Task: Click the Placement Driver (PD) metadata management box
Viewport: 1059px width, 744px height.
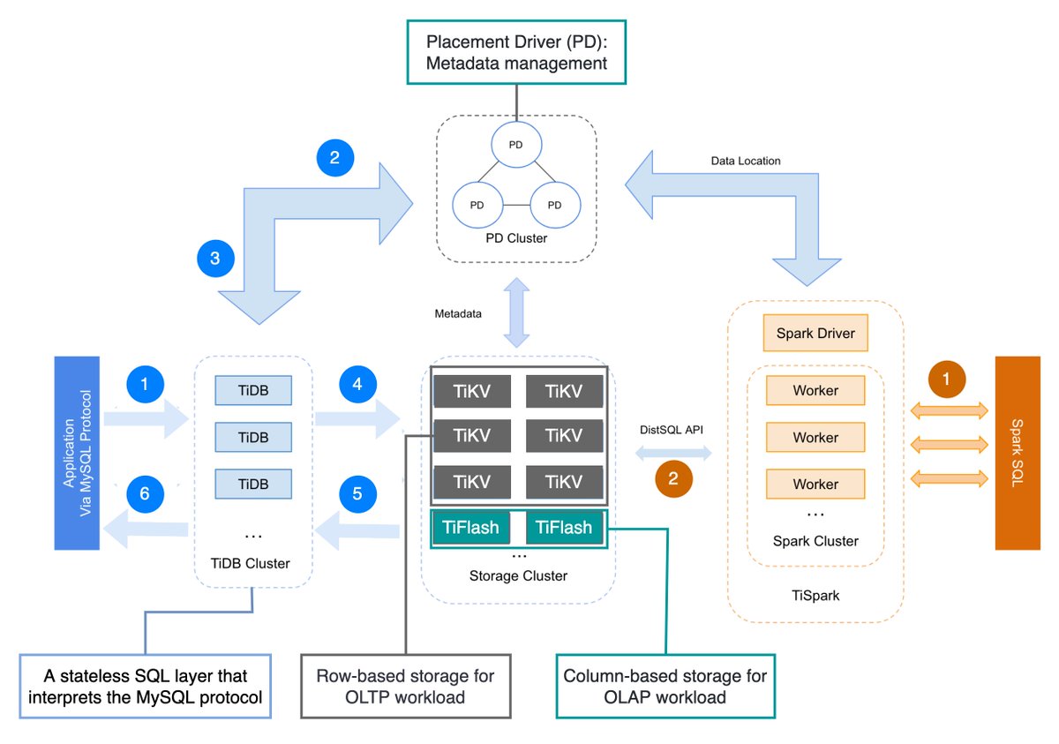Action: pos(516,53)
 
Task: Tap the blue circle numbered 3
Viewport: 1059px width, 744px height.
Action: pos(216,259)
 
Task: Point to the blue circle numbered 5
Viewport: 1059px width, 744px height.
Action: pos(357,494)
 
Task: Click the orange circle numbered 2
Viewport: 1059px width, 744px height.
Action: pos(673,479)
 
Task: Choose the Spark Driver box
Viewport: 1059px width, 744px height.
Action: pos(815,334)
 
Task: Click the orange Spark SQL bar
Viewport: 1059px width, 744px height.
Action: pos(1019,454)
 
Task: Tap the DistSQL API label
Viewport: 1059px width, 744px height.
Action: pos(673,429)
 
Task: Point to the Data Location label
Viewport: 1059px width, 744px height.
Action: pos(746,161)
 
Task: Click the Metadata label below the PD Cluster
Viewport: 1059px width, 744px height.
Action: pos(458,313)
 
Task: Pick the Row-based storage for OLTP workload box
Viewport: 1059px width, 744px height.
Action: pos(405,687)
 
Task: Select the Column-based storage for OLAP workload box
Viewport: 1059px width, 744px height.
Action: pos(665,687)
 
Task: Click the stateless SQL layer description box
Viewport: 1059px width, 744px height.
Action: pos(146,687)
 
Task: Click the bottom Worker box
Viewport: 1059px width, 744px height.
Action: pos(815,484)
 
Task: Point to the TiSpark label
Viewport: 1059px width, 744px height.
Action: pos(815,596)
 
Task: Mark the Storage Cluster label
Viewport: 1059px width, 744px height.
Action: pos(519,575)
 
